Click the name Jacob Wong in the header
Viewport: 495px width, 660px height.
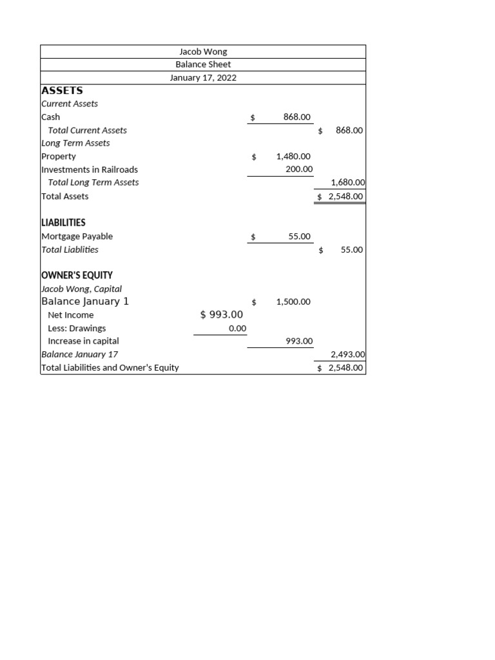click(x=203, y=52)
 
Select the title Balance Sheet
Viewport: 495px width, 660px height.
click(x=203, y=64)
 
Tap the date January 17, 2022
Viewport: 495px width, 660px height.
click(x=203, y=78)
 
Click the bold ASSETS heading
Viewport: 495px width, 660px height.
click(x=62, y=91)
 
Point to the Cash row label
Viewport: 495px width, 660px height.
click(x=51, y=117)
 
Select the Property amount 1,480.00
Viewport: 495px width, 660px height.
click(x=293, y=157)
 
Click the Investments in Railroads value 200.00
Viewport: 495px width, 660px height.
click(x=299, y=170)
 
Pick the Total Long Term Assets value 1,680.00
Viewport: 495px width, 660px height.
click(x=347, y=183)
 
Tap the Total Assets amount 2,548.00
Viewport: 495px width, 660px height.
click(x=345, y=197)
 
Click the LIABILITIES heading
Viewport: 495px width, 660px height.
click(x=63, y=222)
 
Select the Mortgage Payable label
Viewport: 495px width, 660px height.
click(x=77, y=237)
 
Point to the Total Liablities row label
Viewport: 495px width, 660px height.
click(x=70, y=249)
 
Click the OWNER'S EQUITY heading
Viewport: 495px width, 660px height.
click(x=77, y=275)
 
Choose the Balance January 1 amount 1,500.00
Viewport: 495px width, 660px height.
click(x=293, y=302)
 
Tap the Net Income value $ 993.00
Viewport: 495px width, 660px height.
click(x=222, y=315)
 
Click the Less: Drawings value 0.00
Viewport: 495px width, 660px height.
click(x=237, y=328)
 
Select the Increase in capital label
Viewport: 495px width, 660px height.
click(x=83, y=341)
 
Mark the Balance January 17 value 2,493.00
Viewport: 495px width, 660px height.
click(x=347, y=354)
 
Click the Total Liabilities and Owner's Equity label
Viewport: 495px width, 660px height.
click(x=110, y=367)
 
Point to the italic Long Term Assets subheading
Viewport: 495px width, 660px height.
click(x=75, y=143)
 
